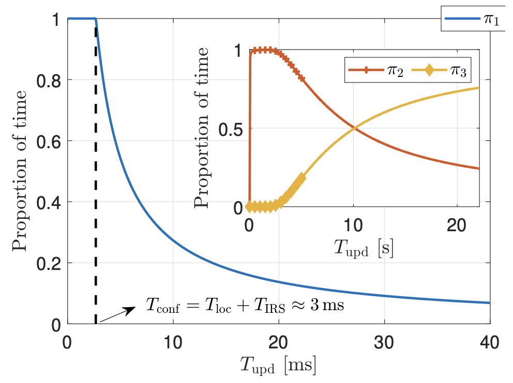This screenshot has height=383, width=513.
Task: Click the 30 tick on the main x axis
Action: [384, 342]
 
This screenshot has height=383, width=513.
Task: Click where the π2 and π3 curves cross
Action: [354, 128]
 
